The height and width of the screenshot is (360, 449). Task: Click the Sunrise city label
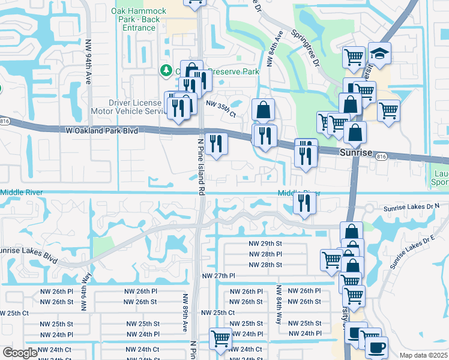[357, 152]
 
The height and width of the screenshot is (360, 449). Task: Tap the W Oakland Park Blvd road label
[98, 130]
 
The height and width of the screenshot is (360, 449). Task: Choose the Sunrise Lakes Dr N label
[411, 206]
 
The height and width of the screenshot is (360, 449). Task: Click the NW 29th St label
[265, 244]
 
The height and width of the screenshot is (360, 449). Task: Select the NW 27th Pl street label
[218, 275]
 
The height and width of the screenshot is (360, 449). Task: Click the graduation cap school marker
[379, 54]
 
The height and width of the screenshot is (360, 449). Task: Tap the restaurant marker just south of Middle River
[304, 203]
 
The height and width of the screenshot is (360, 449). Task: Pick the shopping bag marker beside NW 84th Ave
[263, 110]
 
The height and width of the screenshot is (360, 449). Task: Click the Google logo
[20, 353]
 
